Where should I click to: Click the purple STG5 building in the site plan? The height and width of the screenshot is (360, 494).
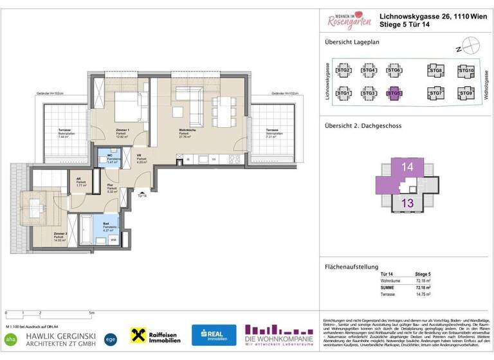[x=394, y=94]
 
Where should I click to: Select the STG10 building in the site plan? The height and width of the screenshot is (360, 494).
[x=466, y=71]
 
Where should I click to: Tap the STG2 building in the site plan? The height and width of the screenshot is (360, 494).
[x=343, y=71]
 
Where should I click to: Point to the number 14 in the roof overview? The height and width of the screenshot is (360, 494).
[x=407, y=167]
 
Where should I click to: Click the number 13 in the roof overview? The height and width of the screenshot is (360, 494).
[x=407, y=203]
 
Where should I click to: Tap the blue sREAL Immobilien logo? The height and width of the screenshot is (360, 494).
[x=214, y=335]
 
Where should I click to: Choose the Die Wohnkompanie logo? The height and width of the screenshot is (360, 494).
[x=280, y=335]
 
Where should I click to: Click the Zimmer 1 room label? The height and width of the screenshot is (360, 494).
[x=123, y=130]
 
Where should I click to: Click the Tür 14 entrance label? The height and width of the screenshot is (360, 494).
[x=141, y=195]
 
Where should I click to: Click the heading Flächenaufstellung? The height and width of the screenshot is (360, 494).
[x=351, y=267]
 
